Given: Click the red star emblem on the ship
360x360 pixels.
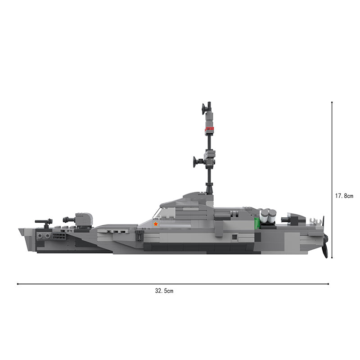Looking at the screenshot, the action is pyautogui.click(x=156, y=224).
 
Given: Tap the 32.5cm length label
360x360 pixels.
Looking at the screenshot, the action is pyautogui.click(x=164, y=291).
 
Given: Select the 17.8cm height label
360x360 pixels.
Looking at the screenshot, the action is pyautogui.click(x=344, y=196).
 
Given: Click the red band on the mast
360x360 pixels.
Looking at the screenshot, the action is pyautogui.click(x=209, y=129).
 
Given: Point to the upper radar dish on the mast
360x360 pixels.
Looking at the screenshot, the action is pyautogui.click(x=203, y=109).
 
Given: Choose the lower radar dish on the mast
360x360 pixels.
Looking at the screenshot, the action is pyautogui.click(x=195, y=162).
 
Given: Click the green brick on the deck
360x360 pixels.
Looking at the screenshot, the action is pyautogui.click(x=257, y=223).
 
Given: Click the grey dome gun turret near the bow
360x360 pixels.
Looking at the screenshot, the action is pyautogui.click(x=84, y=219).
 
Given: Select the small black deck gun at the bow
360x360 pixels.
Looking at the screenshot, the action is pyautogui.click(x=44, y=222).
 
